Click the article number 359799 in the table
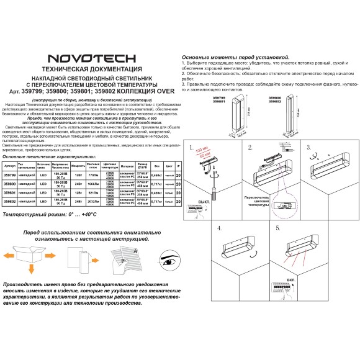tap(9, 176)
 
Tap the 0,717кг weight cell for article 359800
tap(158, 184)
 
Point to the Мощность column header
tap(78, 167)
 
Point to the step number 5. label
tap(278, 228)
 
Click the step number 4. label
tap(220, 228)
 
